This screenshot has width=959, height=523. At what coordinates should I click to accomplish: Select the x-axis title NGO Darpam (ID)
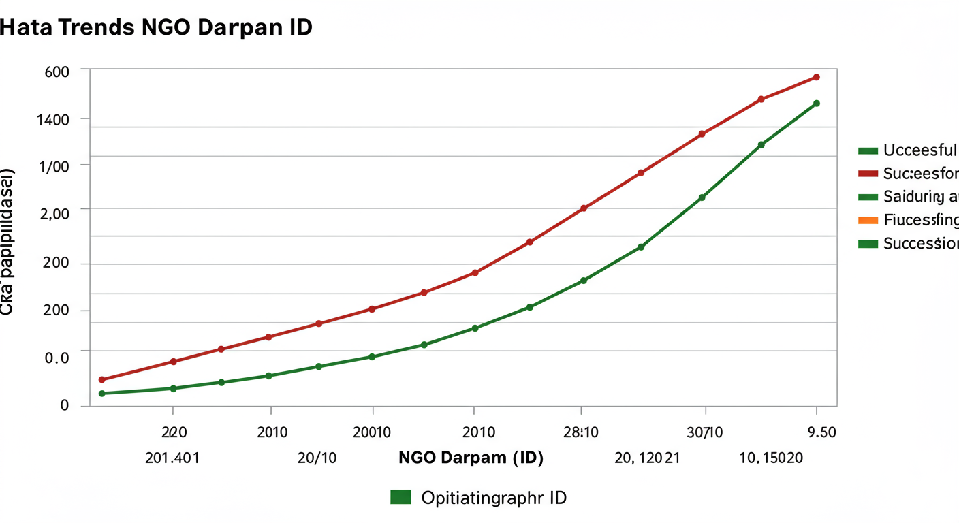pos(471,458)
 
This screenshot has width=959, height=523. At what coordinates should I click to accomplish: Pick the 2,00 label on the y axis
pos(55,213)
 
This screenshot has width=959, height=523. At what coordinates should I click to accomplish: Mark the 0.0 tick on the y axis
pos(57,358)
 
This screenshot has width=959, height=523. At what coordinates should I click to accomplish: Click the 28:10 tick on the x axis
pos(581,432)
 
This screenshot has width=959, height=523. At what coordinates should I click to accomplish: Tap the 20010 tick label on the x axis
pos(372,432)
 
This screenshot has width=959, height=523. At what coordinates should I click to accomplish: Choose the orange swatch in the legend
pos(868,220)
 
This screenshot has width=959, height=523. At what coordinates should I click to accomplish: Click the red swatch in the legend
pos(868,174)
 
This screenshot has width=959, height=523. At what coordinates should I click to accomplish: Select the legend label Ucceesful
pos(919,150)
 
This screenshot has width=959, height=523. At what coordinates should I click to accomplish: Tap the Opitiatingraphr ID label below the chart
pos(494,498)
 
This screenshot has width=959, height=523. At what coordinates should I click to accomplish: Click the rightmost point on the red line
pos(816,77)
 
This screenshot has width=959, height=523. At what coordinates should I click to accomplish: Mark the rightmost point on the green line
pos(816,104)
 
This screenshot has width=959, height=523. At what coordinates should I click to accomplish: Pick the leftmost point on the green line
pos(101,394)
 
